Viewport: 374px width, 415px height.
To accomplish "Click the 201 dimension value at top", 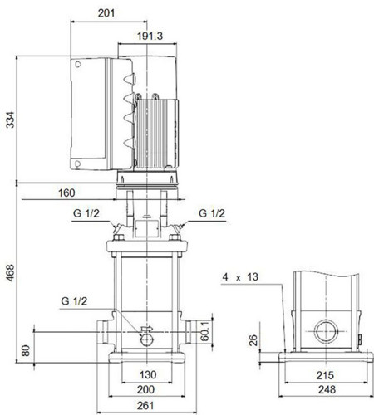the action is pos(106,13).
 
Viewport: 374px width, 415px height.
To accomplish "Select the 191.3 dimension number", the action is pos(150,36).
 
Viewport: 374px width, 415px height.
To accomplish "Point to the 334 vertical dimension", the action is pos(10,120).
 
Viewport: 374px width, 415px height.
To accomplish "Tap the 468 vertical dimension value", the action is pos(10,273).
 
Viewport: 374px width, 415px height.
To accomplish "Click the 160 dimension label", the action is pos(66,193).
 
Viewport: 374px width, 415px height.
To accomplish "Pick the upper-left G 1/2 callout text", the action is pos(86,213).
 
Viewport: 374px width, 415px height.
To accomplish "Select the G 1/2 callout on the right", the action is pos(212,213).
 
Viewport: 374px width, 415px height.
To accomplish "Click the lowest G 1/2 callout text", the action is pos(74,301).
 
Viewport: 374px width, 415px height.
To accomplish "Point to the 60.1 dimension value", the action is pos(204,331).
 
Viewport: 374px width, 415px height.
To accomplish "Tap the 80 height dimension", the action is pos(26,350).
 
